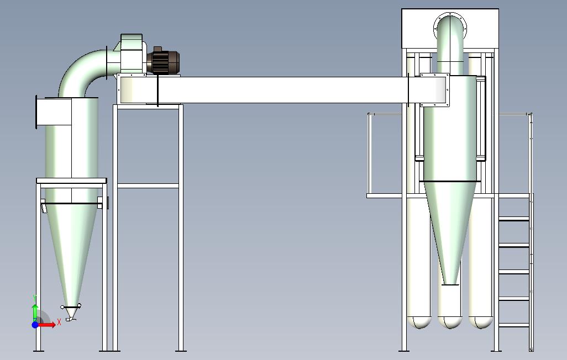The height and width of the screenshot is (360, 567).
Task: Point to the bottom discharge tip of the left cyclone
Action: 70,317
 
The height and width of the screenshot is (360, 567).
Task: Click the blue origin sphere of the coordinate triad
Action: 35,325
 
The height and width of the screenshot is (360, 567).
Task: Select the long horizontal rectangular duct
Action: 276,89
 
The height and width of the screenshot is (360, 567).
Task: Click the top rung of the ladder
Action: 514,219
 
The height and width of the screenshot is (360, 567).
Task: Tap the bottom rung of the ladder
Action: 514,325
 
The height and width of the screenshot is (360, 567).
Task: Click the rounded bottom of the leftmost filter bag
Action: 418,322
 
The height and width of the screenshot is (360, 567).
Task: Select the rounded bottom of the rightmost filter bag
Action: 481,322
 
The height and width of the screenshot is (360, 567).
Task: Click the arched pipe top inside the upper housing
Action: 450,25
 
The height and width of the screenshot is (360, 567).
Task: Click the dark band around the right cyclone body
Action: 450,181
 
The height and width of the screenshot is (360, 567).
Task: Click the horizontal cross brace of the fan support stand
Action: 148,186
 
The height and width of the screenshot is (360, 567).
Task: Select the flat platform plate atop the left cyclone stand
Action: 71,181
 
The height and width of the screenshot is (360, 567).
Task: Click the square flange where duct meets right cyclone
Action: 435,90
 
